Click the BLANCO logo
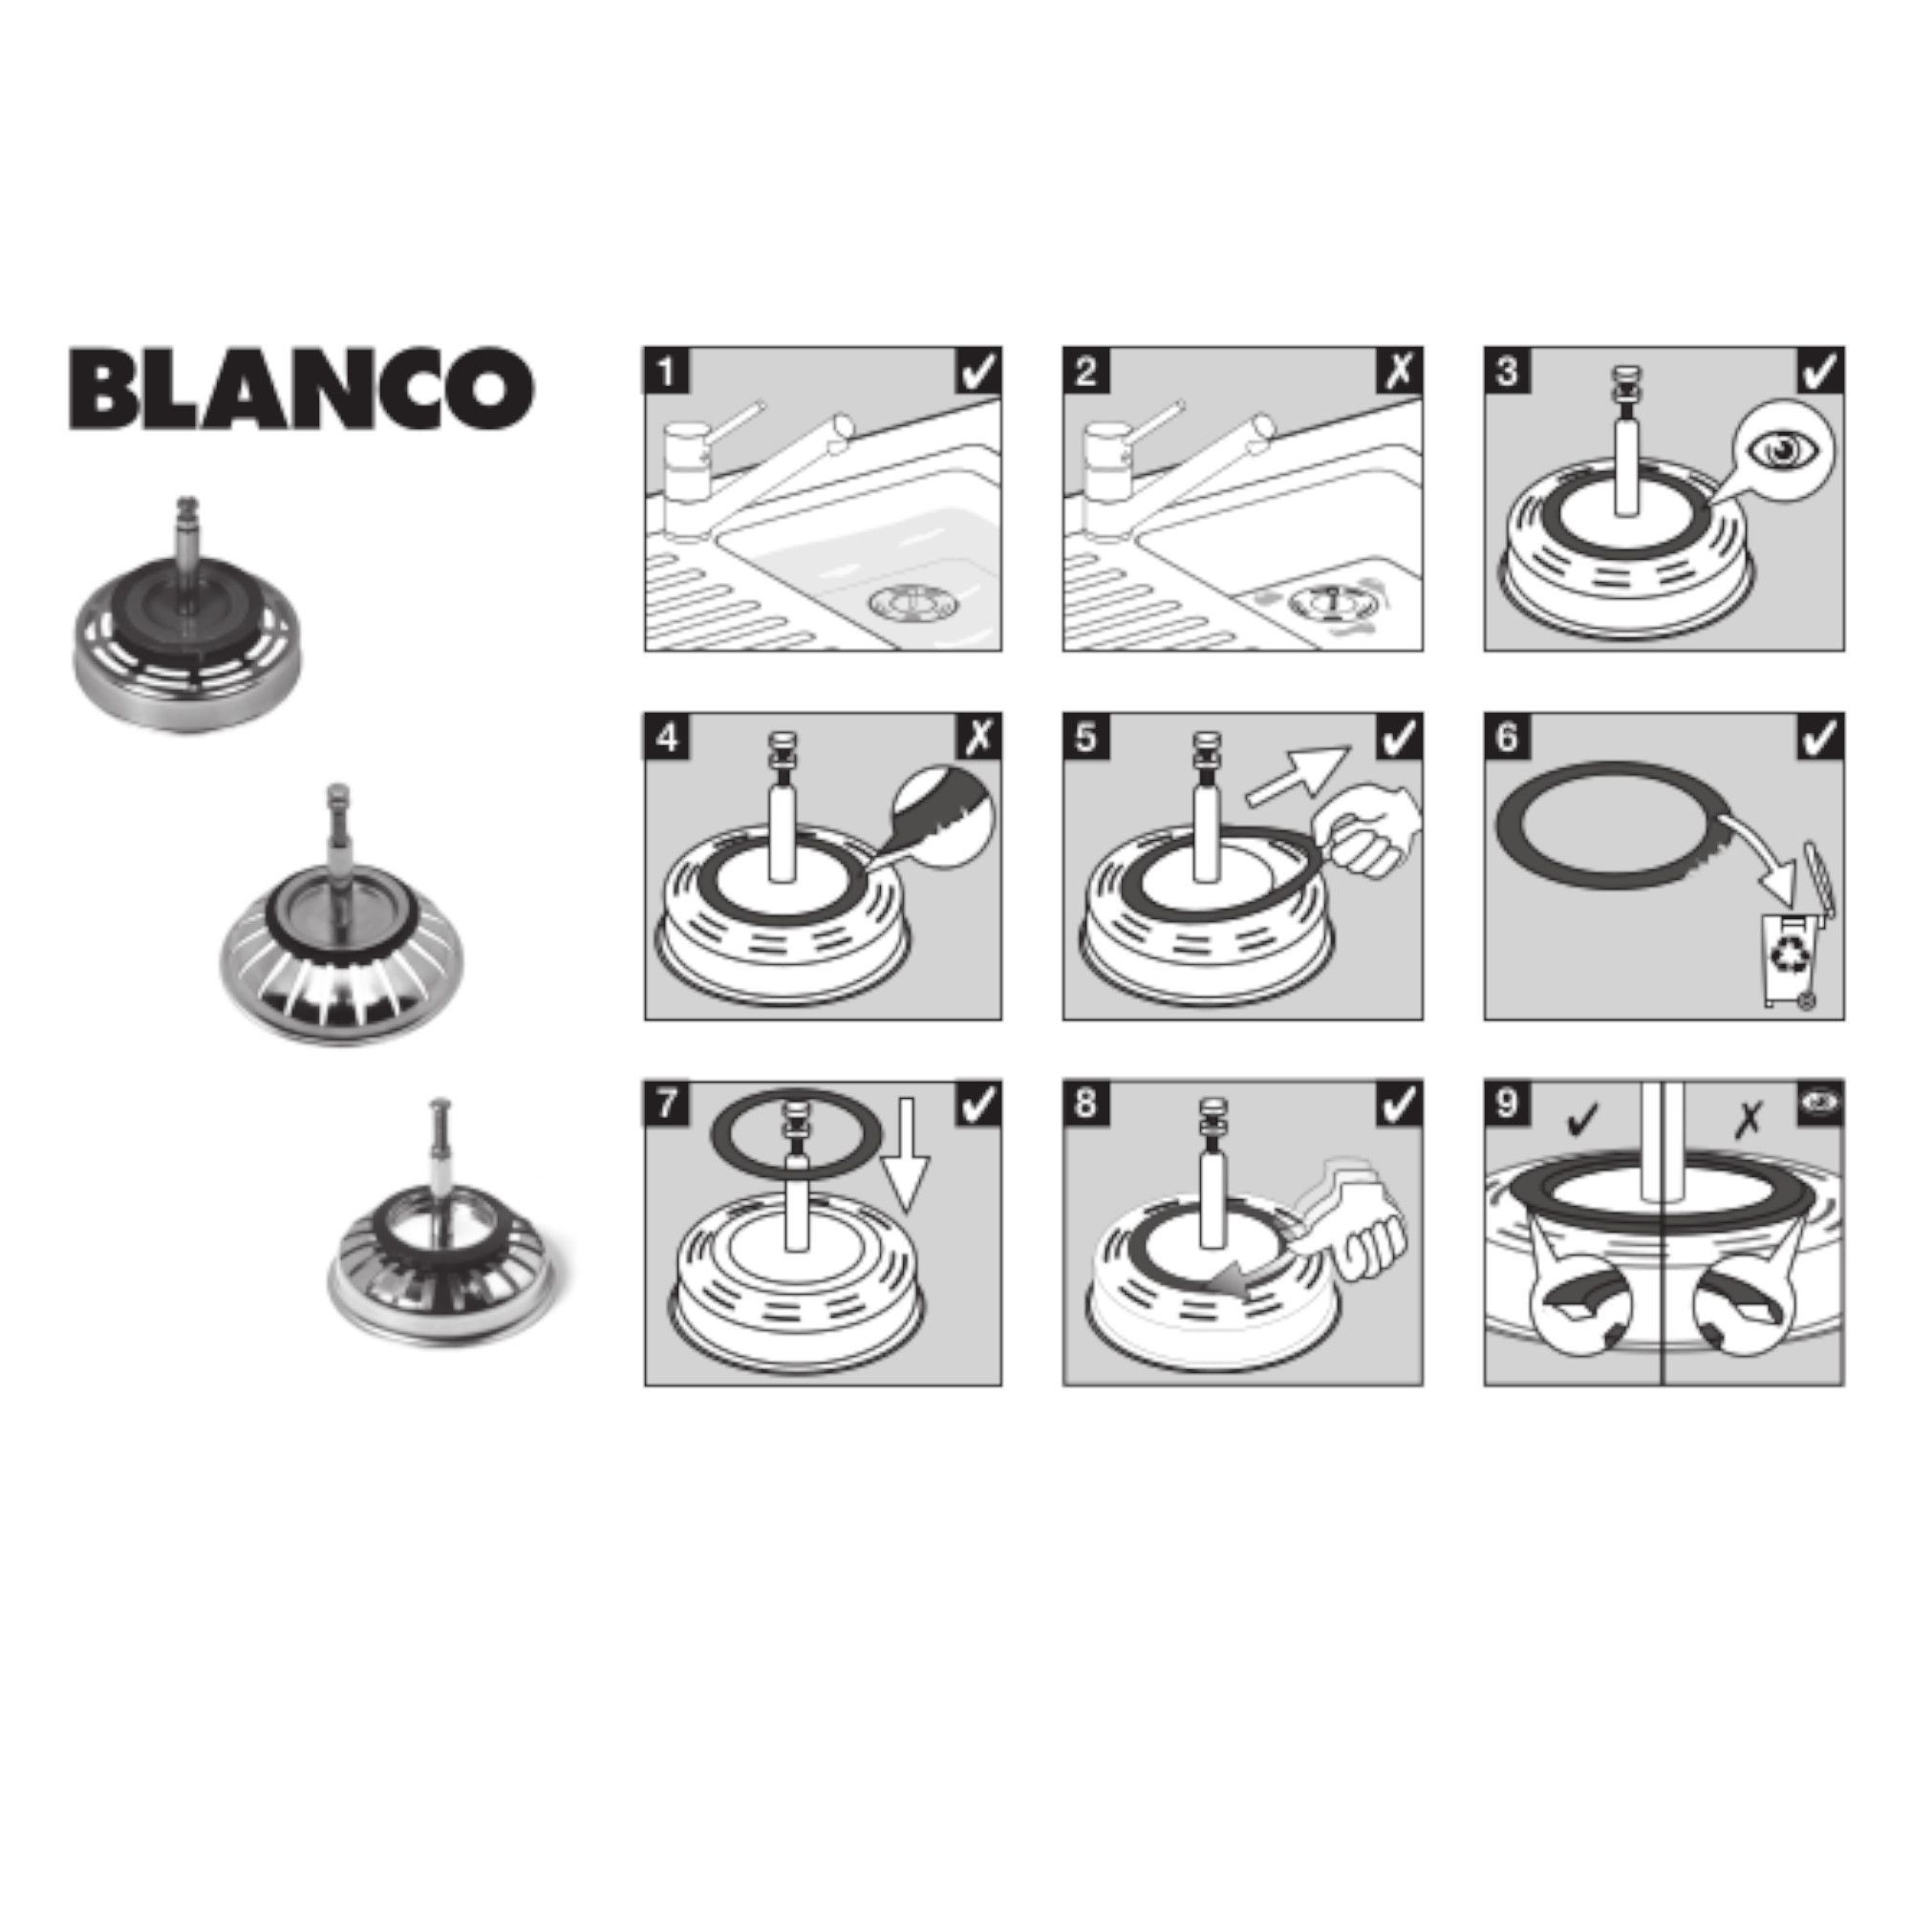[x=302, y=387]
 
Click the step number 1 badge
[x=667, y=370]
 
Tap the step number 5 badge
[x=1086, y=737]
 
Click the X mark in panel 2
[x=1400, y=370]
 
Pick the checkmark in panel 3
[x=1821, y=370]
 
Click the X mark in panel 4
[x=979, y=737]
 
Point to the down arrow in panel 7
[x=906, y=1158]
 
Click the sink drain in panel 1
[x=903, y=605]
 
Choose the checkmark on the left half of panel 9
[x=1583, y=1120]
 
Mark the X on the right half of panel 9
[x=1749, y=1120]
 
